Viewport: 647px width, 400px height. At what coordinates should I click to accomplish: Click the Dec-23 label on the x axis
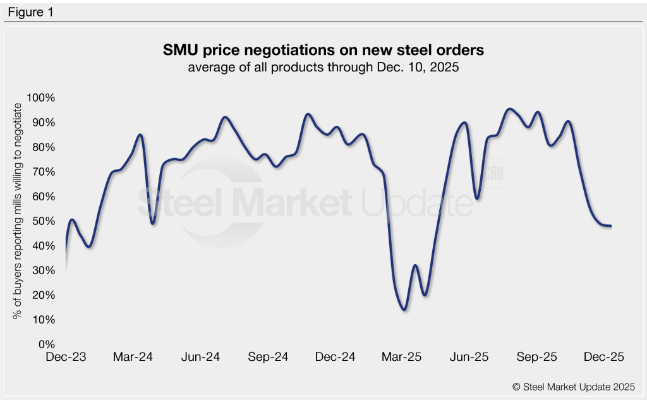coord(66,357)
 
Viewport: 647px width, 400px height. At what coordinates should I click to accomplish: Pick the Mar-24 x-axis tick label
coord(133,357)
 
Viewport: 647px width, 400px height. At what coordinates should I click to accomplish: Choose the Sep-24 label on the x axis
coord(268,357)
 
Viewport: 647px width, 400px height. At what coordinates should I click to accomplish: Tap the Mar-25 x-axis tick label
coord(402,357)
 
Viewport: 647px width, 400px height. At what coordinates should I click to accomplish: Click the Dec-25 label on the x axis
coord(604,357)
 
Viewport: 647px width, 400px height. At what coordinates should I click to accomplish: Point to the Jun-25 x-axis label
coord(469,357)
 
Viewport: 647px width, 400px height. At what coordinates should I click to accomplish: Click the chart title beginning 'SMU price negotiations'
coord(323,50)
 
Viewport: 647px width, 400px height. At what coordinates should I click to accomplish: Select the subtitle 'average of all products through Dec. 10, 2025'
coord(323,68)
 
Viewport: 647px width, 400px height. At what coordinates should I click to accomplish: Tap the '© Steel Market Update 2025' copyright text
coord(574,386)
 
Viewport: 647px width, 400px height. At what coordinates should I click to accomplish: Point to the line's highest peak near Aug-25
coord(509,109)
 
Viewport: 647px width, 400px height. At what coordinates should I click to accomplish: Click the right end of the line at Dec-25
coord(610,226)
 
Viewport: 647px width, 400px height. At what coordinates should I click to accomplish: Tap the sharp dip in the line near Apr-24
coord(153,223)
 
